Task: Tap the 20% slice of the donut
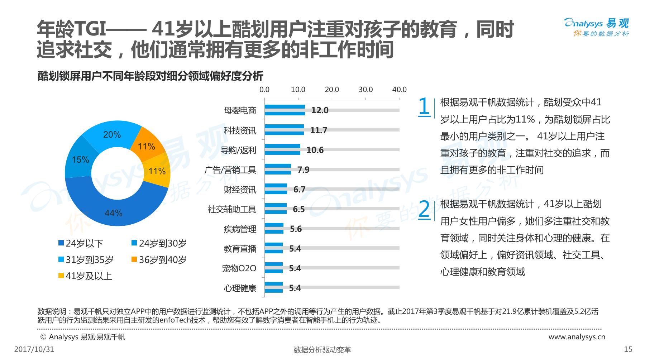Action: pos(112,134)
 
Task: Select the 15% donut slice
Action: pos(80,159)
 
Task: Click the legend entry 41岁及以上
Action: pos(85,276)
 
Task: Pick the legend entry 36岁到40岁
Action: pos(159,260)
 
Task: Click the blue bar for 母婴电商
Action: pos(285,110)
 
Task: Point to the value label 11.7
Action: pos(319,130)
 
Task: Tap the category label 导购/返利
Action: pos(238,150)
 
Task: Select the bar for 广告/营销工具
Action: pos(278,169)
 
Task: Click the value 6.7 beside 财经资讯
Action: pos(299,190)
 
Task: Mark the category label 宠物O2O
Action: pos(239,268)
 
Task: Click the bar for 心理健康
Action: pos(273,288)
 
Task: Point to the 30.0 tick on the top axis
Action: pos(365,90)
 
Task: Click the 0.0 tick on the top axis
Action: pos(264,90)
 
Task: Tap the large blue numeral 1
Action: pos(424,106)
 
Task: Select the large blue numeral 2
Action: pos(424,209)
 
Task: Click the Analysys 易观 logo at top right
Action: pos(596,27)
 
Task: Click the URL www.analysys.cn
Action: pos(577,337)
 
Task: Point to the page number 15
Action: pos(628,349)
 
